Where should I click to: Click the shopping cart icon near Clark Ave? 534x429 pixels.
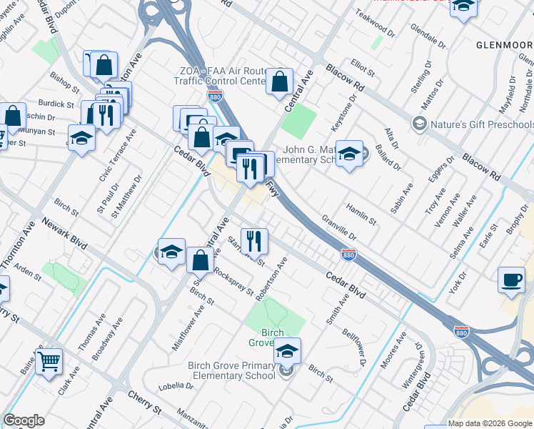(49, 363)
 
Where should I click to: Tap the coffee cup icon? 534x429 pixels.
(511, 280)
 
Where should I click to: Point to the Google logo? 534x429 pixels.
(24, 420)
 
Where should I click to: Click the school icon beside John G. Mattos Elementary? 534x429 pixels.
(349, 154)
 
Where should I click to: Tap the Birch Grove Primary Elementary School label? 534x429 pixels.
(231, 370)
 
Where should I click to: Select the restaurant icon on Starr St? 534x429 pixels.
(254, 242)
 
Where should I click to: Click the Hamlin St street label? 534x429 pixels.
(361, 212)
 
